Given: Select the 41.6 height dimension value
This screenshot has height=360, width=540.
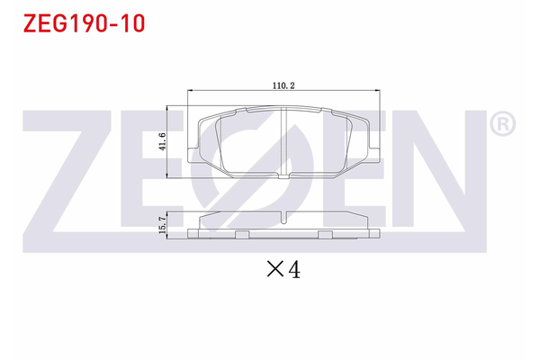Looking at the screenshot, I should (163, 141).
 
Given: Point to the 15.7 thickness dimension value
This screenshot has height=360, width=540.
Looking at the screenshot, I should (163, 222).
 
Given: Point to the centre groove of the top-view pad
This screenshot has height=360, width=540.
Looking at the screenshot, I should (282, 142).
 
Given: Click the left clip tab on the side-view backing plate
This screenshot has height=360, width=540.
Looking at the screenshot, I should (240, 235).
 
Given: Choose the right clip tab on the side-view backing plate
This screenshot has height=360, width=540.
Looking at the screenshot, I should (323, 235).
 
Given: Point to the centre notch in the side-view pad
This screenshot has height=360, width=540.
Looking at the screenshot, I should (282, 217).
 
